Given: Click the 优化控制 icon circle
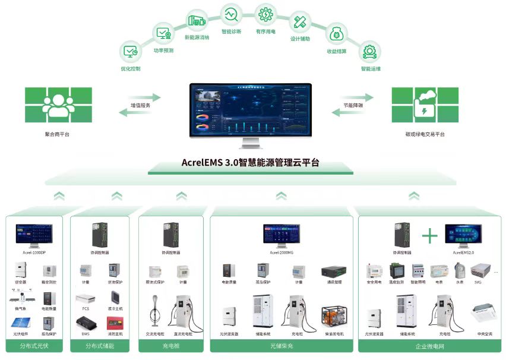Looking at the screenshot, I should click(x=131, y=52).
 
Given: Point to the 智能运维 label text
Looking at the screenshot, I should click(x=371, y=69).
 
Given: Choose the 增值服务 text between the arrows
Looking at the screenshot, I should click(x=140, y=105).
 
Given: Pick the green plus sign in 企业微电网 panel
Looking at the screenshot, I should click(x=429, y=235).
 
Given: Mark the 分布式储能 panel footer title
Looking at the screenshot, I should click(x=99, y=345).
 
